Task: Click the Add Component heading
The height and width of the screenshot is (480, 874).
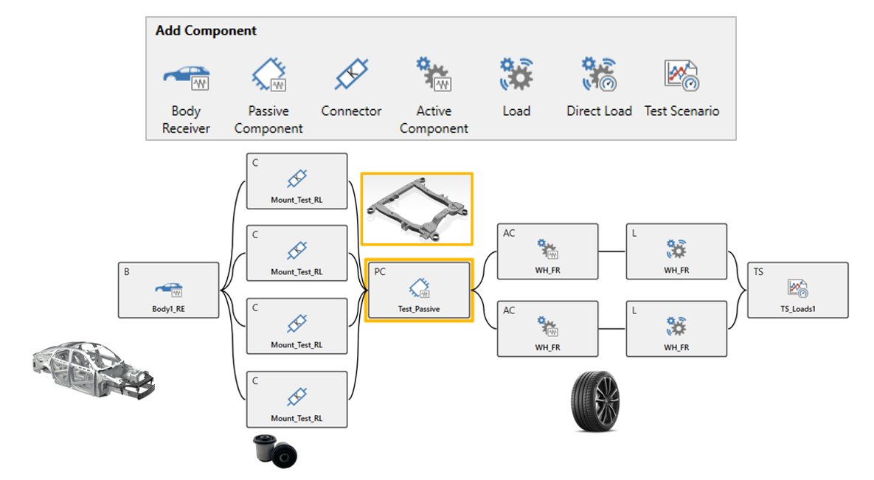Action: pos(206,31)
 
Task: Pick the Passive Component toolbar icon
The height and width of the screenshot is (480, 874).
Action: pos(268,74)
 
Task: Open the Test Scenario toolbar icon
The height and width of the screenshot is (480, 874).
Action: pos(681,75)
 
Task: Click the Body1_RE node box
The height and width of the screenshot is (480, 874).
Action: pos(168,291)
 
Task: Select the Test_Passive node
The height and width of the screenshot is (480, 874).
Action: pos(419,291)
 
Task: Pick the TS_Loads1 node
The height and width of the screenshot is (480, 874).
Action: pos(797,291)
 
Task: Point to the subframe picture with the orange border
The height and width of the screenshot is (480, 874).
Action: pos(417,209)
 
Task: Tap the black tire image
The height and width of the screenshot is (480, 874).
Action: pos(595,401)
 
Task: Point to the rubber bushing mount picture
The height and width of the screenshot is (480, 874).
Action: pos(275,451)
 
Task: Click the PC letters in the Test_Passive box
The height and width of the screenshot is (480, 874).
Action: pos(380,272)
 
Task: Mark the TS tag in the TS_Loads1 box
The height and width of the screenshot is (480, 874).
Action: pos(758,272)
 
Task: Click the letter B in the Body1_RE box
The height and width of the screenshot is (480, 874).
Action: pos(127,272)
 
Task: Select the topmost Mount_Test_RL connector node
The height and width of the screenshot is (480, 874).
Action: pos(296,181)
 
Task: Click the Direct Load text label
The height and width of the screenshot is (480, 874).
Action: pos(599,111)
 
